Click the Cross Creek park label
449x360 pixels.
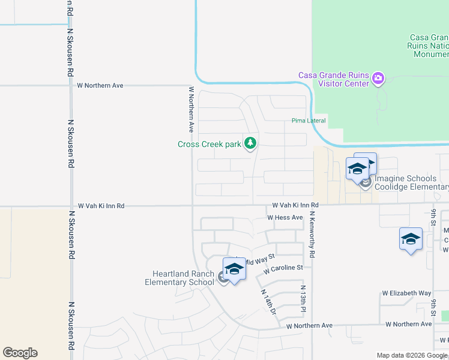(209, 144)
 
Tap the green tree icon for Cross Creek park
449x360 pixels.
(250, 143)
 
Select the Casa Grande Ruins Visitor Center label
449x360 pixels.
(334, 79)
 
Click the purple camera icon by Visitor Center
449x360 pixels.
(378, 77)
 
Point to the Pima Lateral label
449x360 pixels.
(309, 121)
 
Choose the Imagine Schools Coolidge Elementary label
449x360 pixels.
(411, 182)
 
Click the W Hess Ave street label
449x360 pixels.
(285, 217)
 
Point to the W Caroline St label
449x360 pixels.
(283, 268)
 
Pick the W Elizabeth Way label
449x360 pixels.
(407, 293)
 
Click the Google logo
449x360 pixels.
(20, 353)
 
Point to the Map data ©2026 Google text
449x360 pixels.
(411, 355)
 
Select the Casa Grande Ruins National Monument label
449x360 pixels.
(429, 46)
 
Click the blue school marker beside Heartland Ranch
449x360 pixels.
(234, 269)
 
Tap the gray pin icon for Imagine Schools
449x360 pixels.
(365, 182)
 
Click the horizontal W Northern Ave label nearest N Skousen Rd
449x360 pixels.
(100, 85)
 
